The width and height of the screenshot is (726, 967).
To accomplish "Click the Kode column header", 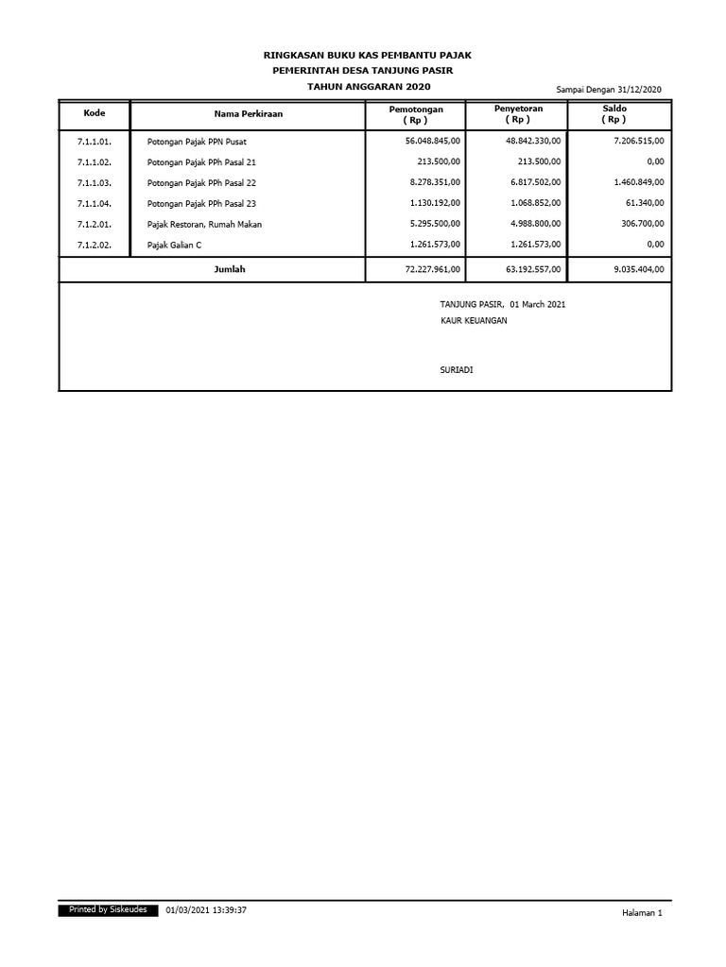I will pyautogui.click(x=94, y=113).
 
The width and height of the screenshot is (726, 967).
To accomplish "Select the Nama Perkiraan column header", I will pyautogui.click(x=248, y=114).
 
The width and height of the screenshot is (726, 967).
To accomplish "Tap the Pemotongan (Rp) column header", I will pyautogui.click(x=416, y=115).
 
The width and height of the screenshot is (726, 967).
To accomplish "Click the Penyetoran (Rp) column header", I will pyautogui.click(x=518, y=115).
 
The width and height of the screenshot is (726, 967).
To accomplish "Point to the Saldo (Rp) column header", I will pyautogui.click(x=614, y=114).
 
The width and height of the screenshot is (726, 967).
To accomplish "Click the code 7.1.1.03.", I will pyautogui.click(x=95, y=182).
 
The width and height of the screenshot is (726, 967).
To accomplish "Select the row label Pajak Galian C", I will pyautogui.click(x=174, y=245).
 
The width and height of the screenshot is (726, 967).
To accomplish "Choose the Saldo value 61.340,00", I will pyautogui.click(x=642, y=203).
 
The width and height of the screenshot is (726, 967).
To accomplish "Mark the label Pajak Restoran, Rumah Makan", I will pyautogui.click(x=204, y=224).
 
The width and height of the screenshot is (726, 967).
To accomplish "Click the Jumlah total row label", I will pyautogui.click(x=230, y=269).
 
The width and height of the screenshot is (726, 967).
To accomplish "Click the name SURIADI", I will pyautogui.click(x=457, y=370).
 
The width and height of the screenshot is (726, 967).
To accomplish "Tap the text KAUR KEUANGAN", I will pyautogui.click(x=474, y=321).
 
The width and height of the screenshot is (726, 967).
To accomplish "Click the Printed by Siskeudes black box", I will pyautogui.click(x=102, y=910).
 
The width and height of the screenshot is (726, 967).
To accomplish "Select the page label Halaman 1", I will pyautogui.click(x=642, y=914).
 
